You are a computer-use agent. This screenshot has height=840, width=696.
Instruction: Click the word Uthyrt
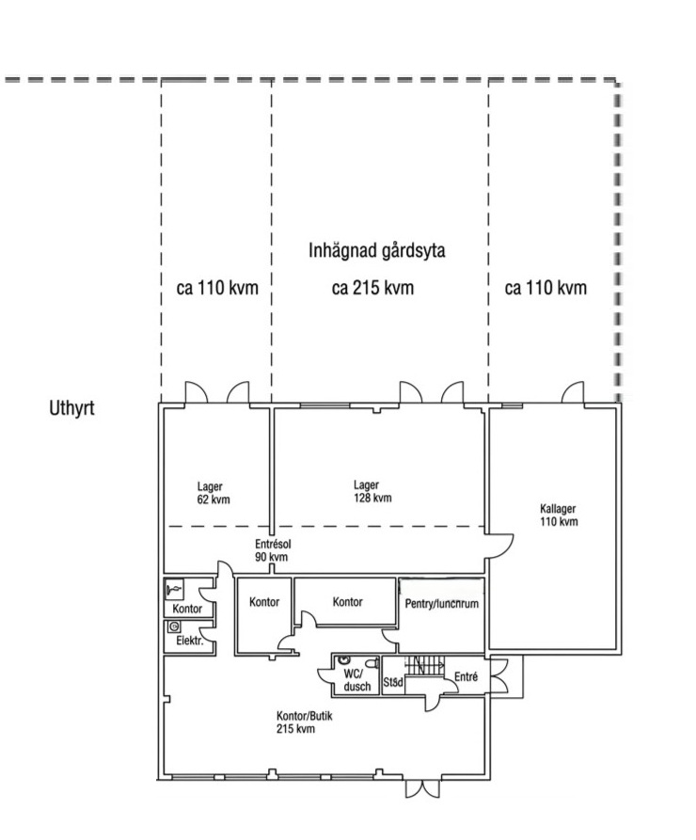tap(71, 408)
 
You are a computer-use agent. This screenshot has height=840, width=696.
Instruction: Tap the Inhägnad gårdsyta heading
tap(376, 251)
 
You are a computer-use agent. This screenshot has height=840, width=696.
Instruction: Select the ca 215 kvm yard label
tap(372, 288)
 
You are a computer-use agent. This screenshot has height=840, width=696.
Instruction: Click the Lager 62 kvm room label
tap(214, 493)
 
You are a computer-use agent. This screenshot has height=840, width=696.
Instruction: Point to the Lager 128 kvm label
tap(372, 491)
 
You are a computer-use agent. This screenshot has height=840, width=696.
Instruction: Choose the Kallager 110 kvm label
tap(559, 515)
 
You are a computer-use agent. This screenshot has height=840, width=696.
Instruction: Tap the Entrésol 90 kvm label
tap(273, 550)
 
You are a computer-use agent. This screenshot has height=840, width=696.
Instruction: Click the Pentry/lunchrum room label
tap(441, 604)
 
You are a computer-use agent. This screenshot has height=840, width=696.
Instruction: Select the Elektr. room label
tap(190, 641)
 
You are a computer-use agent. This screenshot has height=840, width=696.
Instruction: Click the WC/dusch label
tap(356, 680)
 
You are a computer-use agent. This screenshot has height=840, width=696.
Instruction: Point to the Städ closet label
tap(393, 683)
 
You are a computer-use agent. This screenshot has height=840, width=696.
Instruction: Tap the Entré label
tap(466, 676)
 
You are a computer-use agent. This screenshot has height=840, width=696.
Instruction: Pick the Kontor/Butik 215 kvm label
tap(304, 722)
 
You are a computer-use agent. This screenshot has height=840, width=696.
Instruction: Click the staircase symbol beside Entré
tap(424, 666)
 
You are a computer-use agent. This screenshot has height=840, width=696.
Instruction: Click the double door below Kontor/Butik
tap(422, 789)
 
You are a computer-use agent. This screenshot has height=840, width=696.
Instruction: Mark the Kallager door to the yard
tap(573, 392)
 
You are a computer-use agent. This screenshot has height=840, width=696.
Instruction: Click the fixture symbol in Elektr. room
tap(174, 626)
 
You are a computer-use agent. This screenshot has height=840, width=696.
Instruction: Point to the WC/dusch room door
tap(325, 681)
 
